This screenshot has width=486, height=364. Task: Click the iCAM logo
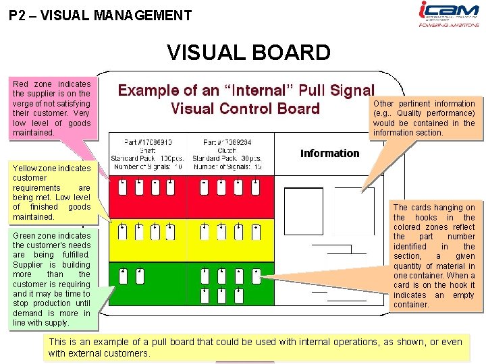point(449,11)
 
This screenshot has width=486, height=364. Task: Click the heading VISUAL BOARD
point(249,53)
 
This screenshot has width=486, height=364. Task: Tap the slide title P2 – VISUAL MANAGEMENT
point(101,16)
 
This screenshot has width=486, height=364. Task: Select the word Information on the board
point(329,153)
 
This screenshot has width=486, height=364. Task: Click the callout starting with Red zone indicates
point(51,108)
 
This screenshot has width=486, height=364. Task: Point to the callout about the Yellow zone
point(51,192)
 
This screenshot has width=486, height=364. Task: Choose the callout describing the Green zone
point(51,279)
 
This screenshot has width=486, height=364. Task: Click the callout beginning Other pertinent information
point(424,118)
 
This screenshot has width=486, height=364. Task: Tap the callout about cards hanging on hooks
point(434,255)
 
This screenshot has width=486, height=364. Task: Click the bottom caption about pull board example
point(255,347)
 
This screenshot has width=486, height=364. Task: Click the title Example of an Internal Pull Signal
point(246,99)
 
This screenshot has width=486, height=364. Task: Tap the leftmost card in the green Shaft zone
point(124,276)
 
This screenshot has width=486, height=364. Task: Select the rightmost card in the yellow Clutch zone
point(256,233)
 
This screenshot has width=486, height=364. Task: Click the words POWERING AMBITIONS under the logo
point(449,25)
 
